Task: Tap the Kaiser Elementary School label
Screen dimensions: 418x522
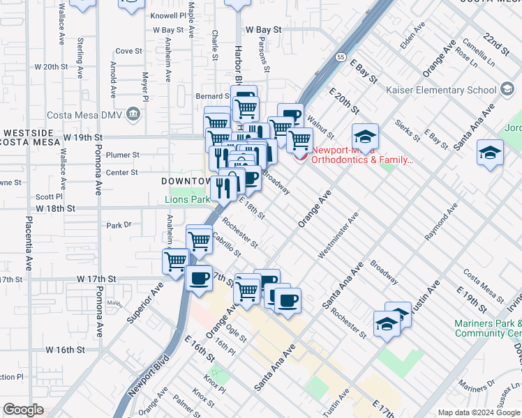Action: (453, 90)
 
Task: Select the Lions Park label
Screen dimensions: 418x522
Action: (187, 199)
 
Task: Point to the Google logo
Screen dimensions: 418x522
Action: (23, 410)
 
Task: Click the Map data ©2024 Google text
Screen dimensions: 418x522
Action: (479, 412)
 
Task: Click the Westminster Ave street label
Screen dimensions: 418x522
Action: (338, 236)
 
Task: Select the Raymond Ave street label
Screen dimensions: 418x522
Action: (441, 222)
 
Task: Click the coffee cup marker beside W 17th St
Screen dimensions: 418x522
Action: (199, 279)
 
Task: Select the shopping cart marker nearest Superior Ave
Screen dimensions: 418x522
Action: (176, 262)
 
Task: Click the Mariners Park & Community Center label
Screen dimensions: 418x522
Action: (488, 328)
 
